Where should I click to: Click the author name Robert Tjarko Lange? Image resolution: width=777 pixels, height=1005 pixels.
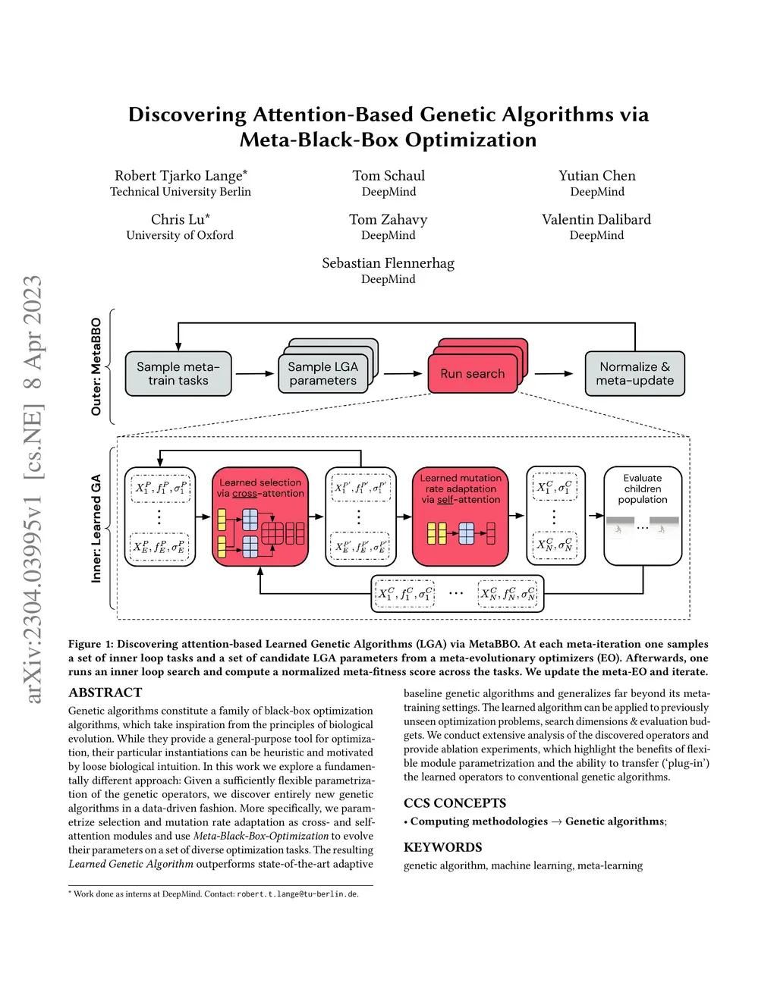point(181,176)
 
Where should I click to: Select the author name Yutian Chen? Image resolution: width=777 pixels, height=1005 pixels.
point(597,176)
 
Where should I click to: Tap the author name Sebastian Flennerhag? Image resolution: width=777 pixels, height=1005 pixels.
point(388,263)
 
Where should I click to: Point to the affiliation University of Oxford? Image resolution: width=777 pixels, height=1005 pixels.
point(180,235)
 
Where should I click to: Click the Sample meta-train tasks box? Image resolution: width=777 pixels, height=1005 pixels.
point(178,373)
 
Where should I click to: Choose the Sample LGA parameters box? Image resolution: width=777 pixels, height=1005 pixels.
point(323,373)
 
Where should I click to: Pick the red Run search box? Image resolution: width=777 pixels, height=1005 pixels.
point(472,373)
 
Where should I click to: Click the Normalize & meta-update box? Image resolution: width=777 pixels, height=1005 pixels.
point(635,373)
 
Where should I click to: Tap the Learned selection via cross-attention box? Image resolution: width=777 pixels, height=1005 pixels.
point(260,516)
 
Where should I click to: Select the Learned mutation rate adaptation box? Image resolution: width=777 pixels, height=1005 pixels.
point(461,516)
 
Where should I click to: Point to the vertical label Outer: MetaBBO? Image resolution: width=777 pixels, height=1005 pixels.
point(96,366)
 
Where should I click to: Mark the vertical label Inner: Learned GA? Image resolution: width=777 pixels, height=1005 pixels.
point(96,529)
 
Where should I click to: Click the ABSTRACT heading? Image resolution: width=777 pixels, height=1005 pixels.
point(105,693)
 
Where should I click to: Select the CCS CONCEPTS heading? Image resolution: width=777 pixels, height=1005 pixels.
point(455,803)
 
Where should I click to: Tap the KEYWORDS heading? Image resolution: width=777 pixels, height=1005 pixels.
point(443,847)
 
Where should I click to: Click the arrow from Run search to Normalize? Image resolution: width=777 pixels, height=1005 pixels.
point(554,373)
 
